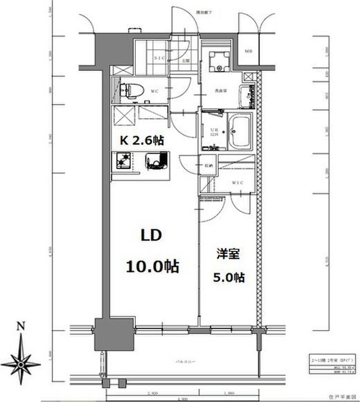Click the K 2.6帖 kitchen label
(142, 139)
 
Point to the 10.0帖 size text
(153, 266)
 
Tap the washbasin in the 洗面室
(246, 95)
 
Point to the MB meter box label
(249, 52)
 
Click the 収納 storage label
(208, 166)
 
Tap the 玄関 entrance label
(185, 61)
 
